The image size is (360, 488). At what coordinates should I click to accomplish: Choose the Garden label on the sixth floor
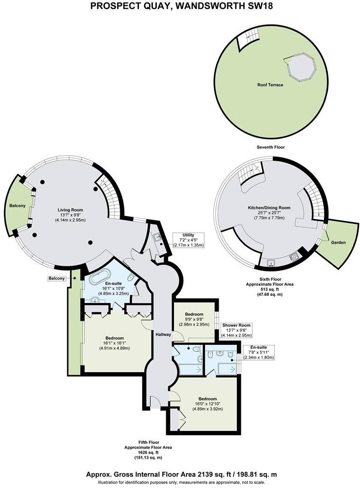pos(338,243)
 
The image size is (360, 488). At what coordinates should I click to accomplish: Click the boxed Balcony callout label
pos(56,278)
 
